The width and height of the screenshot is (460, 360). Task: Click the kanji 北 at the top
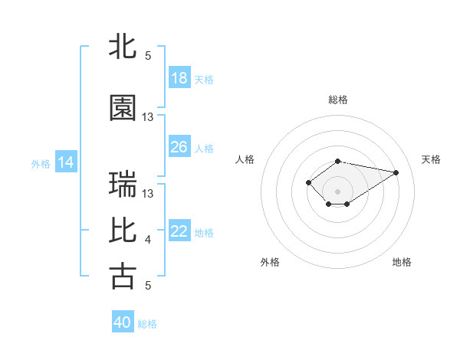coord(123,47)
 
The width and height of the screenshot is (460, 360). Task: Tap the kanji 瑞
coord(123,185)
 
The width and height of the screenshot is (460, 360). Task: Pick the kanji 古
coord(123,277)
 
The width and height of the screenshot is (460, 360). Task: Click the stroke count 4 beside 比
coord(148,241)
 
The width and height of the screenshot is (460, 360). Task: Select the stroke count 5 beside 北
coord(148,56)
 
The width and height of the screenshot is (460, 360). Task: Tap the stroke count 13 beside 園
coord(148,117)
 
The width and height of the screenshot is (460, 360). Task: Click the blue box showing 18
coord(179,78)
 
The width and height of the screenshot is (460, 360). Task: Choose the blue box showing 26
coord(179,147)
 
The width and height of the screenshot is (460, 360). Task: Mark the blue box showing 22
coord(179,231)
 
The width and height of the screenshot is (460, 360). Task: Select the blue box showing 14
coord(66,162)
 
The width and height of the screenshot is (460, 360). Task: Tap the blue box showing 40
coord(123,322)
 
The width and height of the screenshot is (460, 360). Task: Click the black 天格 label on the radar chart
coord(431,159)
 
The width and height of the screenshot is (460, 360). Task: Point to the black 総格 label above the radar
coord(337,100)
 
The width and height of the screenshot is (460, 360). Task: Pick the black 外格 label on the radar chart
coord(270,262)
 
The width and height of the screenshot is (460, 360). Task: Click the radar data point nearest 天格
coord(396,172)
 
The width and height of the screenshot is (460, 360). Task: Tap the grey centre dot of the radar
coord(337,190)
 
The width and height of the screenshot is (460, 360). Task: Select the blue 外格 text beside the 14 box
coord(41,163)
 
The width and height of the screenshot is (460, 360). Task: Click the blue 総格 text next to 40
coord(147,324)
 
